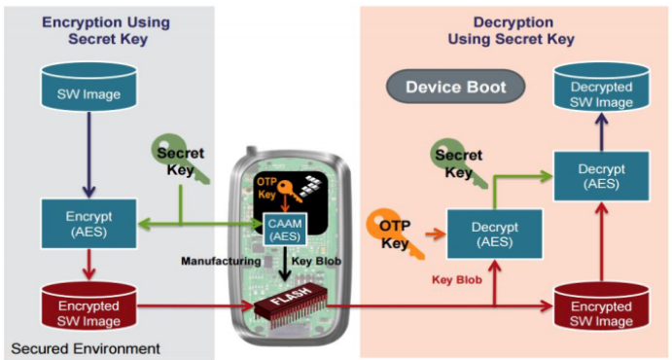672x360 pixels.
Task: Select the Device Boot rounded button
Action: [456, 88]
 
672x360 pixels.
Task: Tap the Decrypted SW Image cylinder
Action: [599, 89]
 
